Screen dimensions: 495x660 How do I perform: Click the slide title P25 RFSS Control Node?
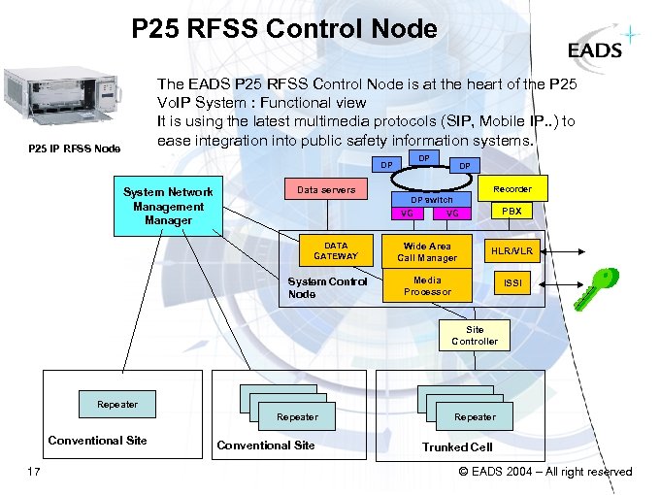(284, 29)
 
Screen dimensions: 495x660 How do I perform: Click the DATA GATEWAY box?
(336, 250)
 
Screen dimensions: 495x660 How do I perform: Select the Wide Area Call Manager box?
(427, 251)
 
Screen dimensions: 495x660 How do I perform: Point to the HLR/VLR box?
(511, 250)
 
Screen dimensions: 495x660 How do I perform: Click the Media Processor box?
(427, 285)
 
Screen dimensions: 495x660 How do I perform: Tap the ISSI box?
(511, 283)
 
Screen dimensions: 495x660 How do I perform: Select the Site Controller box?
(475, 335)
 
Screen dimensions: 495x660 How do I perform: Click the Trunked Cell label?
(457, 447)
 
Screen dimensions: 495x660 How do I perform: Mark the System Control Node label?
(327, 287)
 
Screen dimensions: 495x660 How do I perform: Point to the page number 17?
(34, 472)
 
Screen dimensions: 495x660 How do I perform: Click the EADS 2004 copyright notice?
(544, 472)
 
